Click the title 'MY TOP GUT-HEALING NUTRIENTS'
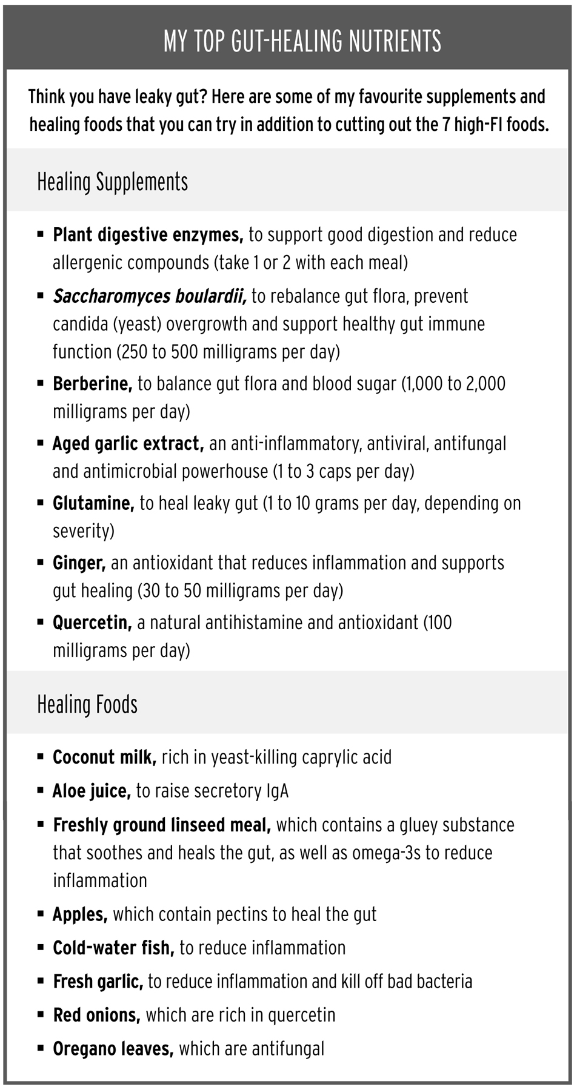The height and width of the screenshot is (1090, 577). (302, 41)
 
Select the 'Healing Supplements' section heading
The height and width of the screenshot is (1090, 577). (113, 182)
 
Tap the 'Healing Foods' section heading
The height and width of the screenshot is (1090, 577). (87, 704)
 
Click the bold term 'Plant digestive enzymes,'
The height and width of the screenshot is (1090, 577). (148, 235)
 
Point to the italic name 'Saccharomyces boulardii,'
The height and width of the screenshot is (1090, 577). (149, 296)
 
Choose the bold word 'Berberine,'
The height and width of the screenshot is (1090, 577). (92, 384)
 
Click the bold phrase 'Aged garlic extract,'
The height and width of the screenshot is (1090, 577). (128, 444)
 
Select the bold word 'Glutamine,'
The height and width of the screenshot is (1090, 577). (93, 503)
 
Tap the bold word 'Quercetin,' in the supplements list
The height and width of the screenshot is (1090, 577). (92, 623)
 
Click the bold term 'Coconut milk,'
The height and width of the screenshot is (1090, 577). (104, 758)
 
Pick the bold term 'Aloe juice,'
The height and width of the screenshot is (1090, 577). (92, 791)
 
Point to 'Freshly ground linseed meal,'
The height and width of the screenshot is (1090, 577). (162, 825)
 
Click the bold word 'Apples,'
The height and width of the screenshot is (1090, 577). (80, 914)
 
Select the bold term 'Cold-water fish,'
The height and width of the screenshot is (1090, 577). (113, 948)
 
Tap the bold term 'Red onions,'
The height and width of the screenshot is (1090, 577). (96, 1016)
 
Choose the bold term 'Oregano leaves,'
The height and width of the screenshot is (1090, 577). (113, 1049)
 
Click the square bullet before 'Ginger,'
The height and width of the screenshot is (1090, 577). (41, 563)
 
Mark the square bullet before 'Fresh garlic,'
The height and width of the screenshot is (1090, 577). (41, 982)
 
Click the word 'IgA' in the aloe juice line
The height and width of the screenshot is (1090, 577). (278, 791)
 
